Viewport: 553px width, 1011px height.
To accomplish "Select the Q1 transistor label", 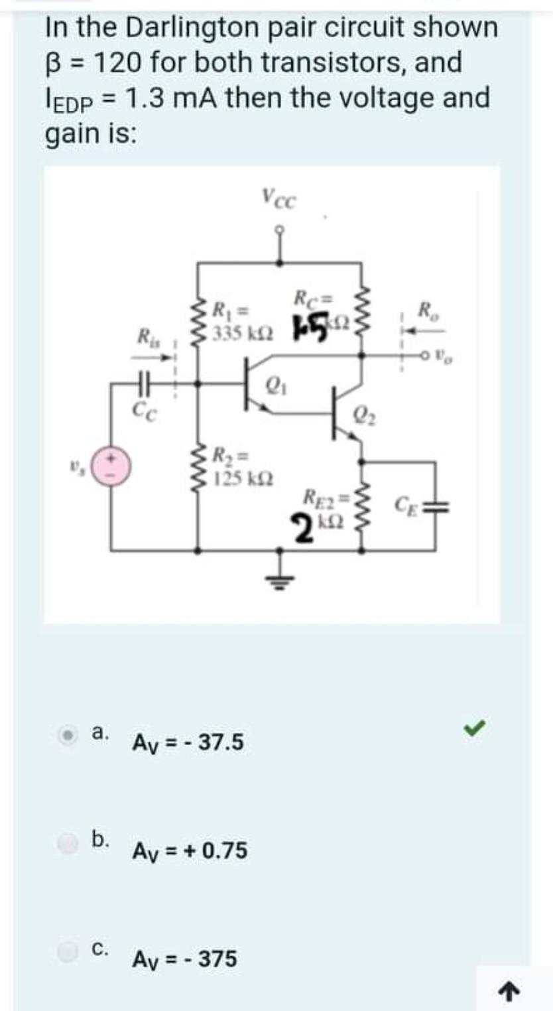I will tap(273, 385).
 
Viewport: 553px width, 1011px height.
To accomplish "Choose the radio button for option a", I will tap(67, 736).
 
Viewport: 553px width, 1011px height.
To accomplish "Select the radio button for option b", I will tap(66, 844).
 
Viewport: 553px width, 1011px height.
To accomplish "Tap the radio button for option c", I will tap(66, 953).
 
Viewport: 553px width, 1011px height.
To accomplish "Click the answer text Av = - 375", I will tap(184, 959).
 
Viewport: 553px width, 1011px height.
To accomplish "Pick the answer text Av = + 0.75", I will tap(190, 850).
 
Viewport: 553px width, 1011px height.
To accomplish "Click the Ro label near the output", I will tap(425, 309).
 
